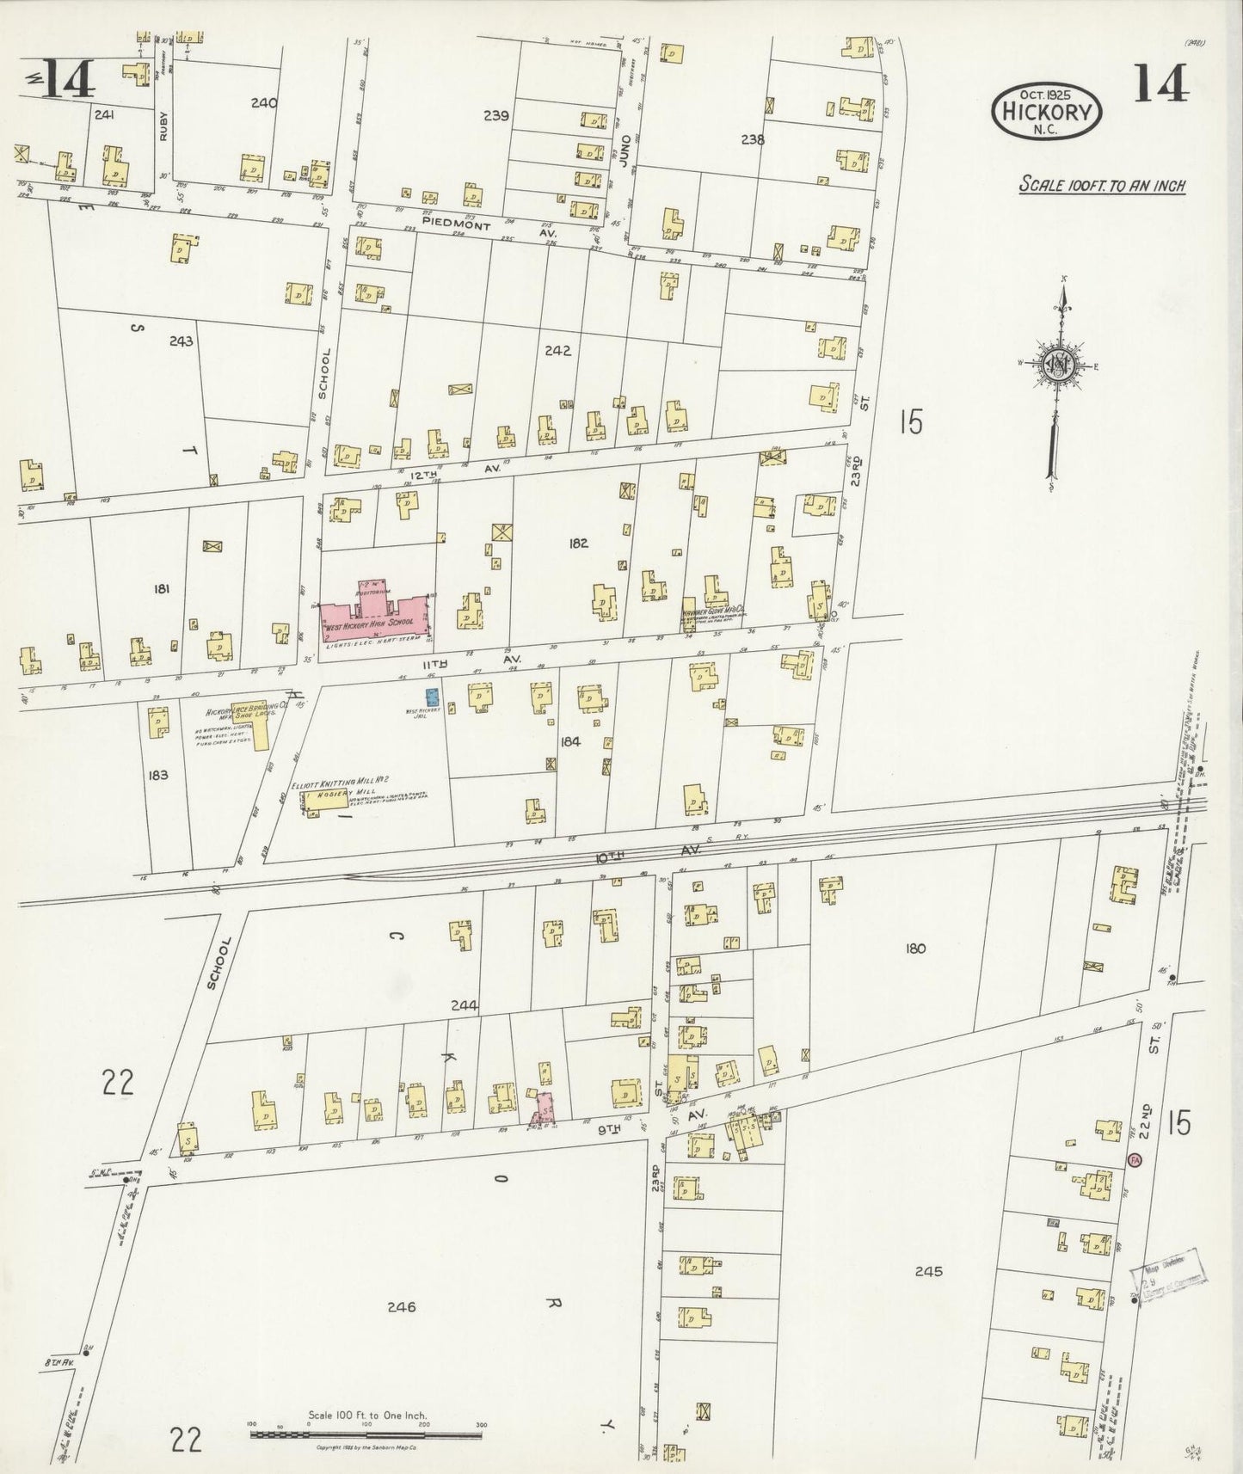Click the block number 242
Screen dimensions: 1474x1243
tap(557, 351)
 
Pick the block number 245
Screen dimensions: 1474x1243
tap(929, 1270)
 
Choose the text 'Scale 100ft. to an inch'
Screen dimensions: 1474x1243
tap(1102, 185)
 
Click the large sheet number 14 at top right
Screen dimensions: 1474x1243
tap(1160, 83)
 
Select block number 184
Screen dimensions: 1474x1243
tap(570, 740)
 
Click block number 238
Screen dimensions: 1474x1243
tap(752, 138)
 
